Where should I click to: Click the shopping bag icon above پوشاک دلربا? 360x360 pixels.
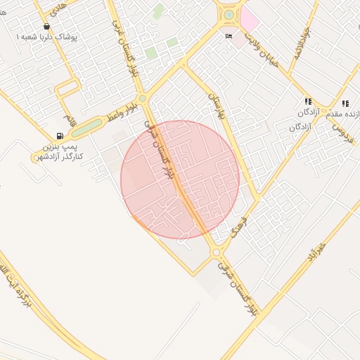click(x=46, y=27)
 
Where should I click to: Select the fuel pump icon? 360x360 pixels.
click(x=60, y=136)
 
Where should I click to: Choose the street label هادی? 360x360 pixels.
click(x=56, y=8)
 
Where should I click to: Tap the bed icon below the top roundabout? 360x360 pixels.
click(x=229, y=36)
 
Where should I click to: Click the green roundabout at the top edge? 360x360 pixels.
click(x=229, y=14)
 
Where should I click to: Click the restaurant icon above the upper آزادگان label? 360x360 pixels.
click(x=308, y=102)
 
